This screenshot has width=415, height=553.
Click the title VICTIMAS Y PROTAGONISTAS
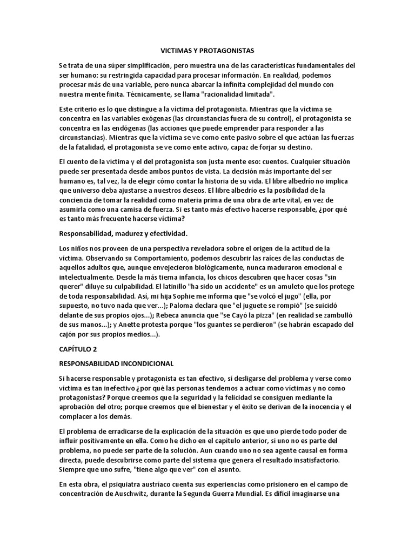click(x=207, y=50)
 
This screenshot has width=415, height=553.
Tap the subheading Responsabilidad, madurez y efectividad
click(x=124, y=234)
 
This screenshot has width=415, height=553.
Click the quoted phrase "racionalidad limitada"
click(x=232, y=95)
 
